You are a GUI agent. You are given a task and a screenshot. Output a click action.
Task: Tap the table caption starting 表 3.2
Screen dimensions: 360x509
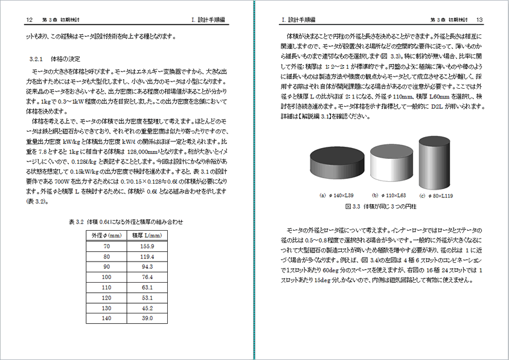(126, 222)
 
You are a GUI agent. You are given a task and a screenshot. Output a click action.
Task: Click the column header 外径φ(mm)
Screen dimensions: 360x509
(107, 235)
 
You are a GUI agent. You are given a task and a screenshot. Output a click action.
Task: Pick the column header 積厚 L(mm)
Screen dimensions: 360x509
(147, 235)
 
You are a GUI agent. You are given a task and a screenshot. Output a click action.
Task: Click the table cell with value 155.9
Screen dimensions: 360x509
(147, 246)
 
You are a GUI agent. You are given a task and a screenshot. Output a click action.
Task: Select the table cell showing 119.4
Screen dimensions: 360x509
(147, 257)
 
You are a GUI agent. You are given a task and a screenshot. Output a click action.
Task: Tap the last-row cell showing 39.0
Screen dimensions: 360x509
(147, 318)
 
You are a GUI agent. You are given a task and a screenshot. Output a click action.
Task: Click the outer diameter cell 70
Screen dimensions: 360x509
(107, 246)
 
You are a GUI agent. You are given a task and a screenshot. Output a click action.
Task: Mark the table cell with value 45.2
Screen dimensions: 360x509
(147, 308)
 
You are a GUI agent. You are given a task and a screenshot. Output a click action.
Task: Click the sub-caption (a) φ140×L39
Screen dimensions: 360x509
(337, 195)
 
